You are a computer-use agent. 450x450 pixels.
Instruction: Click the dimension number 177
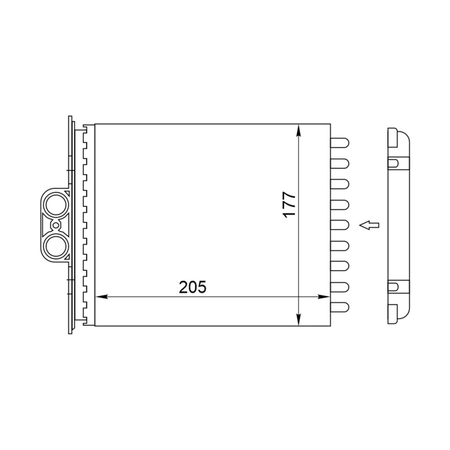[289, 205]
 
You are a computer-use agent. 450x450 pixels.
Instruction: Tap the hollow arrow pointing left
[369, 225]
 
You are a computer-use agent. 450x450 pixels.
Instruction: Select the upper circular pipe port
[56, 205]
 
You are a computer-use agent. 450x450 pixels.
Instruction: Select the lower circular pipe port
[56, 246]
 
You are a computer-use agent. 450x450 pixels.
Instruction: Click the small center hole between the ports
[56, 225]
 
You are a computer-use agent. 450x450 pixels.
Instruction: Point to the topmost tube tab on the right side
[340, 142]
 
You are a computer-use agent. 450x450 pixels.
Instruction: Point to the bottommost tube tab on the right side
[340, 307]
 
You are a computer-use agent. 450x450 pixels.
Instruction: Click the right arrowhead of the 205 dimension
[324, 297]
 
